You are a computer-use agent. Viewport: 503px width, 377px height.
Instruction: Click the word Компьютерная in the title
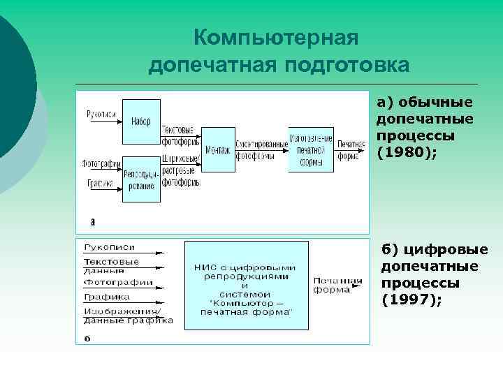pyautogui.click(x=275, y=36)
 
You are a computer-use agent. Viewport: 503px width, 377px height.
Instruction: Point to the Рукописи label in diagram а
pyautogui.click(x=102, y=114)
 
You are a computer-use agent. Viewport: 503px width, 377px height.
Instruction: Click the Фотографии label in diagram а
pyautogui.click(x=98, y=165)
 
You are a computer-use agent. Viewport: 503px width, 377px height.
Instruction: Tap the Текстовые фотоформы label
pyautogui.click(x=180, y=135)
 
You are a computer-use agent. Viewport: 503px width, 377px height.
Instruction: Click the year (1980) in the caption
pyautogui.click(x=406, y=151)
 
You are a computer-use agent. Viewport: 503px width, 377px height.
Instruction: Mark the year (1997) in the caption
pyautogui.click(x=411, y=300)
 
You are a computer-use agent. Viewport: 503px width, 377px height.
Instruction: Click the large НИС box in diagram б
pyautogui.click(x=245, y=286)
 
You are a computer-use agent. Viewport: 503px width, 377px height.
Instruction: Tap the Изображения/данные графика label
pyautogui.click(x=127, y=315)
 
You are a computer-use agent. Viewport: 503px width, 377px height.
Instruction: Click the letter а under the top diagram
pyautogui.click(x=93, y=221)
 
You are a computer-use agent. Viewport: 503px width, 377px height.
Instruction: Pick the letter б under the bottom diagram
pyautogui.click(x=87, y=339)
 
